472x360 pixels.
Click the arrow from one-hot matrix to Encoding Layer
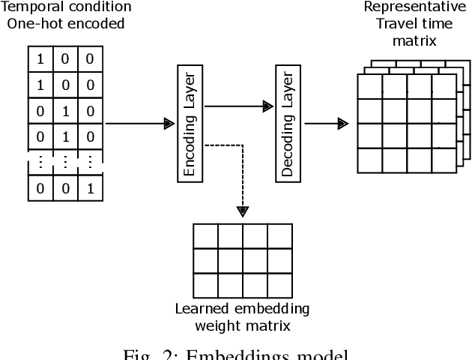tap(135, 124)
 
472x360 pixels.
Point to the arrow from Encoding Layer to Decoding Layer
tap(236, 107)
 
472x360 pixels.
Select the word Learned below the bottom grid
tap(200, 309)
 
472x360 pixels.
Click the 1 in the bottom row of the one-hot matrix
tap(91, 188)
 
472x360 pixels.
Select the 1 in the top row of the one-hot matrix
tap(40, 58)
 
